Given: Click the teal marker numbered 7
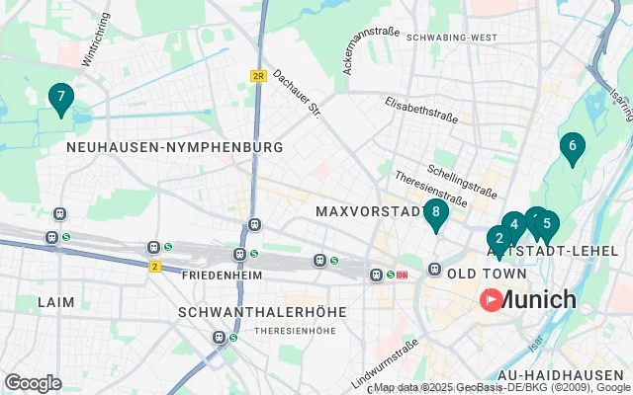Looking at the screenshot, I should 61,98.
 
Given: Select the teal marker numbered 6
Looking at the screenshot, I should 571,147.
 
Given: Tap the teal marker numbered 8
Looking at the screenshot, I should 435,212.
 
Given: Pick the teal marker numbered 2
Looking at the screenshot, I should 499,239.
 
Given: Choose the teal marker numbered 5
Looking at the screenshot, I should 547,224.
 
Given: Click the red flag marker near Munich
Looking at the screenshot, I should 491,299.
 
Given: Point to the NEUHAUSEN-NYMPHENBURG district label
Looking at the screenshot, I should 174,147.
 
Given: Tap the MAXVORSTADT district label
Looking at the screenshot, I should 368,211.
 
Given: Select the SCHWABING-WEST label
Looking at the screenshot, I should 450,37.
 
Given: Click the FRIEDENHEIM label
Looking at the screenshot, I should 221,274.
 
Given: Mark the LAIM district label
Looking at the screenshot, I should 55,301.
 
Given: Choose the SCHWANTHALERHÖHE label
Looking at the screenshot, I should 261,311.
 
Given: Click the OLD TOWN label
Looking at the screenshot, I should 481,272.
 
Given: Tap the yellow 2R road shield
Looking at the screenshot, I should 259,75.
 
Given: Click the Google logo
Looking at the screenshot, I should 33,383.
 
